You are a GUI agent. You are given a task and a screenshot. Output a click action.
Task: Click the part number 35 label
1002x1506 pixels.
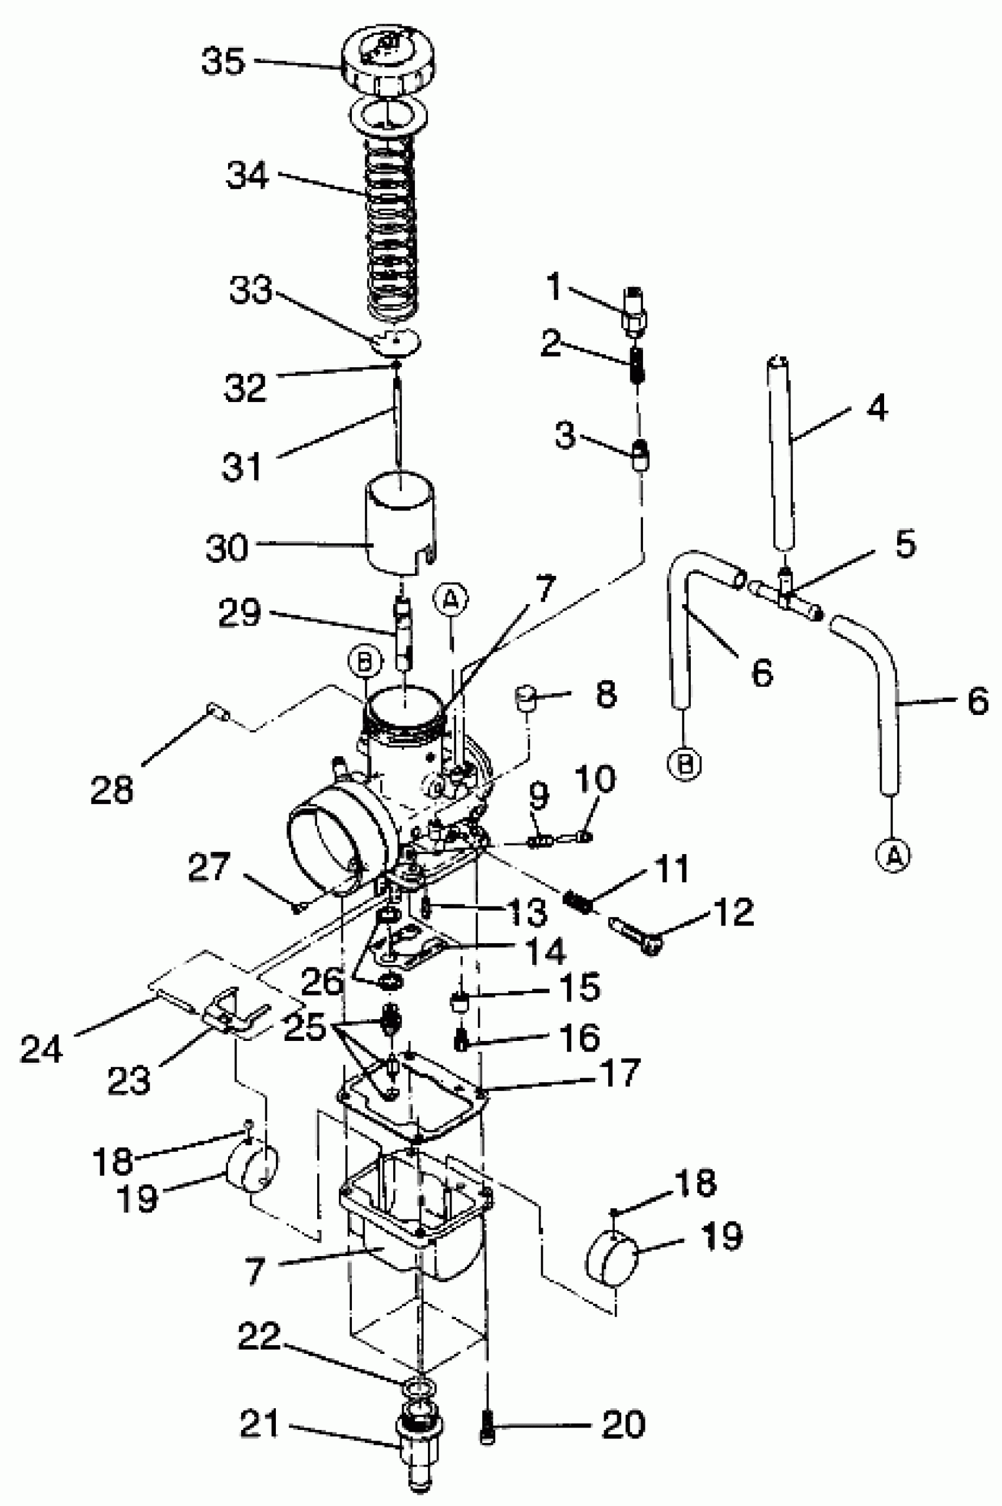pos(223,62)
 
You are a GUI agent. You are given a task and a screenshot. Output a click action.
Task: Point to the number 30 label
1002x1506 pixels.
pos(226,548)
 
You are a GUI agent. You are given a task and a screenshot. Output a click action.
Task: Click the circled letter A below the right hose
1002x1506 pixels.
pos(894,854)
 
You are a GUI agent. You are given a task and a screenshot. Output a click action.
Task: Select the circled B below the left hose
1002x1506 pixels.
pos(684,763)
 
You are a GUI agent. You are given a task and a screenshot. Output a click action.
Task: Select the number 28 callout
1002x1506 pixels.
pos(111,790)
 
